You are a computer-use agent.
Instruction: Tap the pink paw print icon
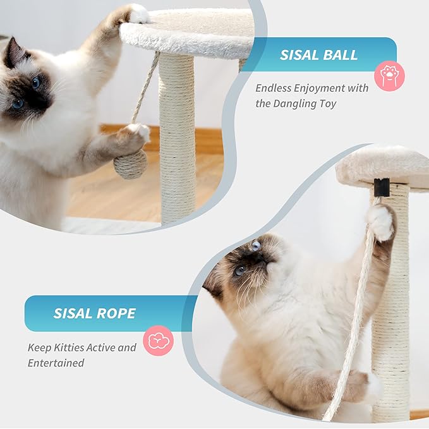(389, 76)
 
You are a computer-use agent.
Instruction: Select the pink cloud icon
(158, 341)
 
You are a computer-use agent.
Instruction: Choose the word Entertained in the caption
(56, 363)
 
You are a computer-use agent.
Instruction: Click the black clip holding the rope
(381, 188)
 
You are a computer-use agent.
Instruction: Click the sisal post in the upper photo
(177, 133)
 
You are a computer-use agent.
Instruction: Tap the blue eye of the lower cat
(239, 270)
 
